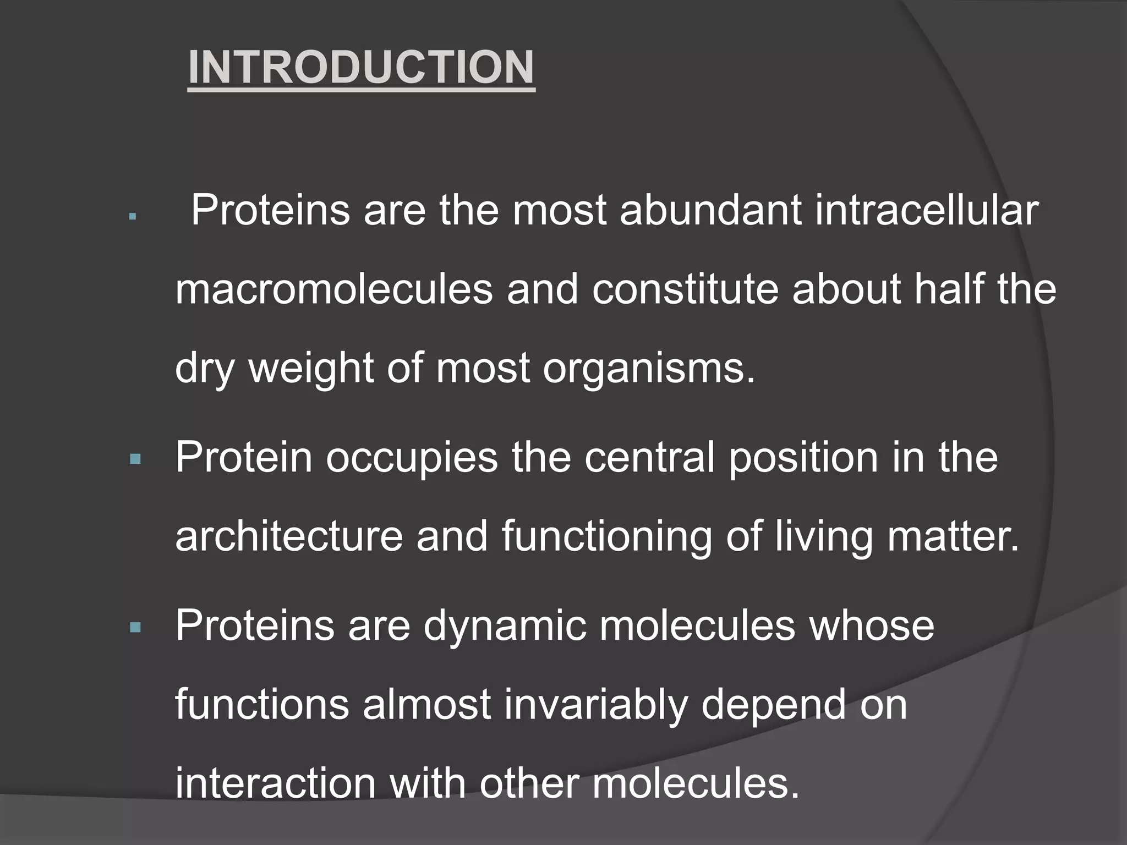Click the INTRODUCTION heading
(361, 68)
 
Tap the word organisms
(649, 369)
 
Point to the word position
(803, 458)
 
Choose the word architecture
(289, 536)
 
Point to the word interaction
(275, 783)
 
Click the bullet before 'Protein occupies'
(135, 458)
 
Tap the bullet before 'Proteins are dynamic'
(135, 627)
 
